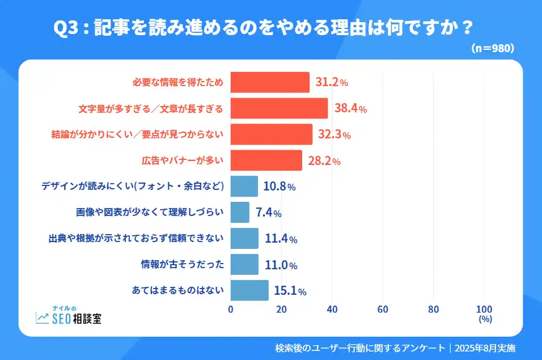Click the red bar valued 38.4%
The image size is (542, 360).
coord(279,108)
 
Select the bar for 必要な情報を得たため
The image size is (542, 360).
coord(270,82)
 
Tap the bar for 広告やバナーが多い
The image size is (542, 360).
coord(266,160)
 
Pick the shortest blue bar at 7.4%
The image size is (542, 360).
coord(240,213)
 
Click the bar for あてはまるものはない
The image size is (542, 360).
coord(249,291)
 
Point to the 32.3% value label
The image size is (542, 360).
coord(334,135)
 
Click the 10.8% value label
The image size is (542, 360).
coord(279,187)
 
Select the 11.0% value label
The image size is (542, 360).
coord(280,265)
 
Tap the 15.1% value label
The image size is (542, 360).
coord(290,291)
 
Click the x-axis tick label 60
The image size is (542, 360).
coord(383,309)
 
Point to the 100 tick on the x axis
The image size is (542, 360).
coord(484,309)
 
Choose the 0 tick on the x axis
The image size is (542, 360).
coord(231,309)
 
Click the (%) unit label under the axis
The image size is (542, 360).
coord(485,319)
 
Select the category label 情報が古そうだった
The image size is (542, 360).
coord(183,265)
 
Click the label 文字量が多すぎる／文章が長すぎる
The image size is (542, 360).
coord(150,108)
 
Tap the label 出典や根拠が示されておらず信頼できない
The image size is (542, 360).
coord(136,239)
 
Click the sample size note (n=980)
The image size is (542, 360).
coord(493,49)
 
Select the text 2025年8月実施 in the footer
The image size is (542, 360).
coord(485,348)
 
